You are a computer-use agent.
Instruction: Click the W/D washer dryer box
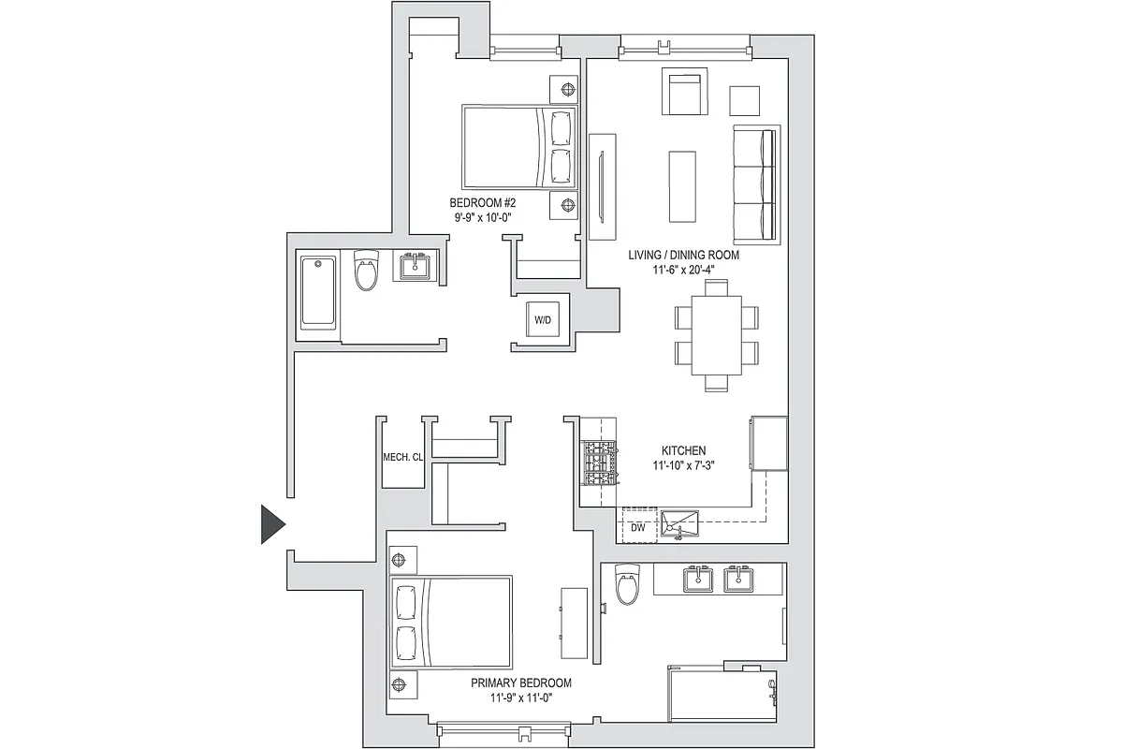click(x=542, y=320)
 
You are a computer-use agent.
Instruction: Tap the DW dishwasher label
click(x=638, y=528)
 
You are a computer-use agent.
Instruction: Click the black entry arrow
click(x=271, y=524)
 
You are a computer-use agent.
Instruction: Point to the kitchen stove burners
click(x=600, y=463)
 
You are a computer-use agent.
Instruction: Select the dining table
click(x=716, y=335)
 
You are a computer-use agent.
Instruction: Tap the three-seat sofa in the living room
click(x=756, y=184)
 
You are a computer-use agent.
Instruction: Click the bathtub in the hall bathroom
click(x=318, y=291)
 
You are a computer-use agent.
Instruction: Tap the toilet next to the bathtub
click(x=366, y=271)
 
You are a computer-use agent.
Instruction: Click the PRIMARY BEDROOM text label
click(x=521, y=683)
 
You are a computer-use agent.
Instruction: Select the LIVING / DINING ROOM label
click(x=684, y=255)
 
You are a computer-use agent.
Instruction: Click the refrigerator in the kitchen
click(x=768, y=444)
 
